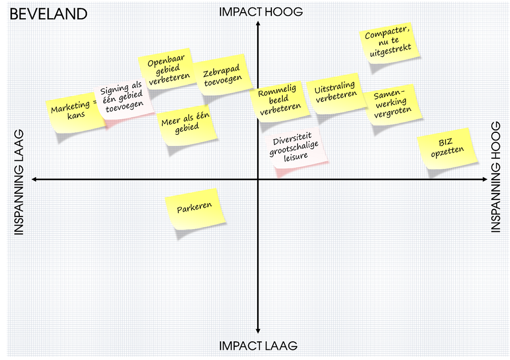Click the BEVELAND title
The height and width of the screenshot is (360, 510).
tap(49, 14)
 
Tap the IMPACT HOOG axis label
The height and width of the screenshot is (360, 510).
tap(261, 12)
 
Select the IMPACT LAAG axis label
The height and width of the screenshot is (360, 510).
tap(258, 346)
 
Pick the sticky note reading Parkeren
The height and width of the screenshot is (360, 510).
tap(195, 208)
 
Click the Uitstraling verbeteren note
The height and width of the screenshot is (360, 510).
tap(336, 94)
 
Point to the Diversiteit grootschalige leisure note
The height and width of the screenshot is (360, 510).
tap(295, 149)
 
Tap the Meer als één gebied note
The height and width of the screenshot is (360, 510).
tap(187, 124)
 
